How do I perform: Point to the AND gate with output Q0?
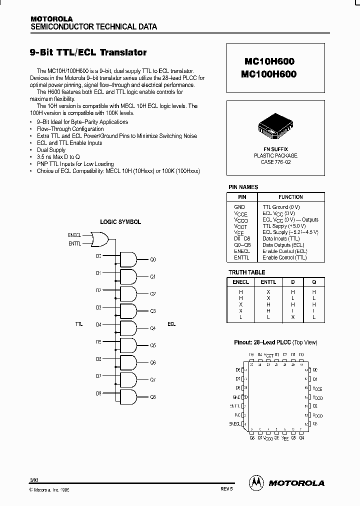(x=128, y=259)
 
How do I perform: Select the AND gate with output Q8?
(x=128, y=397)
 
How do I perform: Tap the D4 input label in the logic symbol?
(x=98, y=324)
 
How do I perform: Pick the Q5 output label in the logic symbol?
(x=153, y=345)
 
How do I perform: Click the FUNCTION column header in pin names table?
(x=290, y=197)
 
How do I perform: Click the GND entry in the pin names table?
(x=239, y=207)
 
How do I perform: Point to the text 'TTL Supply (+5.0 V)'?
(x=284, y=226)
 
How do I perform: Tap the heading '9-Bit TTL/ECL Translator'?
(x=89, y=52)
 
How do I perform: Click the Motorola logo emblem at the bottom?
(x=256, y=482)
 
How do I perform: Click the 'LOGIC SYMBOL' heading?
(x=120, y=222)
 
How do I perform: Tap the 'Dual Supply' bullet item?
(x=51, y=150)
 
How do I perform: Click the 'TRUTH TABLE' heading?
(x=246, y=272)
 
